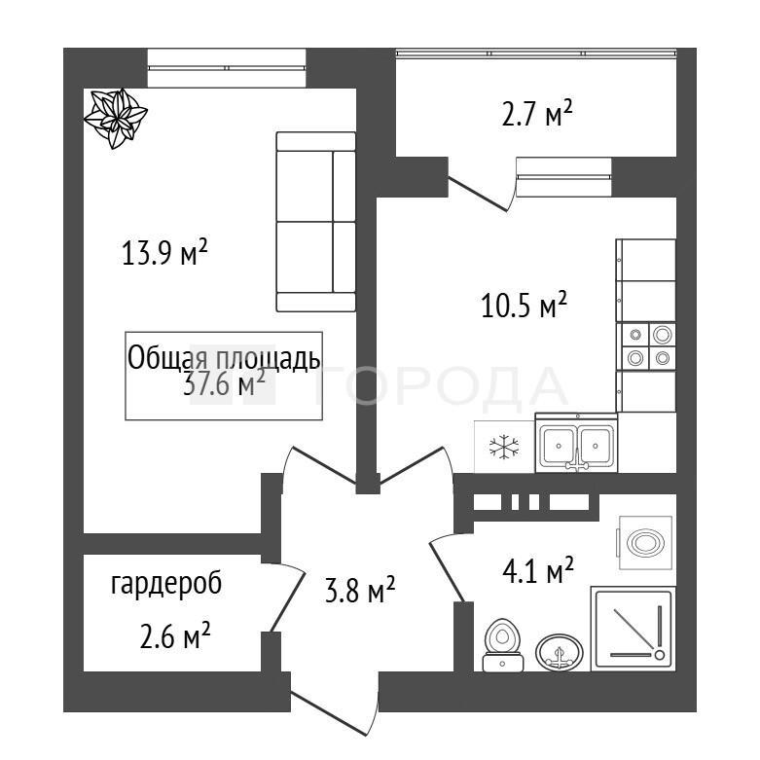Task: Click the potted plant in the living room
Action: coord(116,119)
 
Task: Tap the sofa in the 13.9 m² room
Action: coord(316,222)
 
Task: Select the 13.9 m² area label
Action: coord(164,253)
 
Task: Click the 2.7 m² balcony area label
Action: coord(536,113)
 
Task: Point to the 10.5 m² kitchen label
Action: coord(524,305)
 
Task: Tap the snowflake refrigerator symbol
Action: coord(504,447)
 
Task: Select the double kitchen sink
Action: coord(576,443)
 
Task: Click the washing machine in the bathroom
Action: coord(645,543)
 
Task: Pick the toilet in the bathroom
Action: coord(503,645)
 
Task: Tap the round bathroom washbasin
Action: coord(560,652)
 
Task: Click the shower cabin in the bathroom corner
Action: coord(633,629)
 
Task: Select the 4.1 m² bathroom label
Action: coord(538,570)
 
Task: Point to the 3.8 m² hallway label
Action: coord(360,590)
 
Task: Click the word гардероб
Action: coord(166,584)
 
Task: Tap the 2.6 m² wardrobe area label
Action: coord(175,634)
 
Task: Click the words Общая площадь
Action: coord(224,359)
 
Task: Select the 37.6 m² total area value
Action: coord(225,383)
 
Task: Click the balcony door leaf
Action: coord(479,196)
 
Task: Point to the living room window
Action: coord(227,68)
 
